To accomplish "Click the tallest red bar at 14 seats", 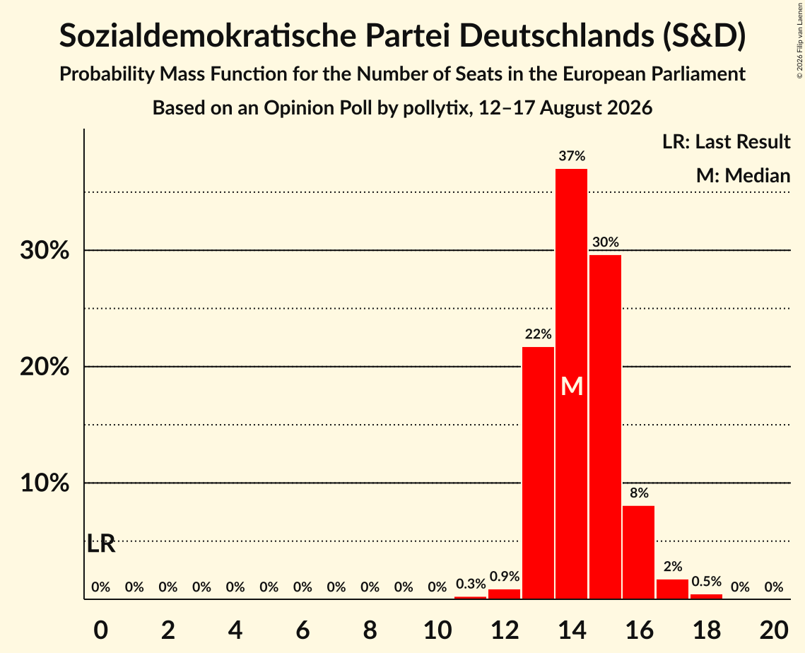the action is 571,384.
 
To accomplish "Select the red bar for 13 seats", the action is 538,473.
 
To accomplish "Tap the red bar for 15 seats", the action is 605,427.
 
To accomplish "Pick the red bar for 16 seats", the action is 639,553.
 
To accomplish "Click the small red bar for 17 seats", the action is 673,589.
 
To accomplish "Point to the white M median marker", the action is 572,386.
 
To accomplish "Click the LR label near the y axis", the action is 101,543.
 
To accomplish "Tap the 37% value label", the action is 572,155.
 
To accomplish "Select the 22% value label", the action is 538,334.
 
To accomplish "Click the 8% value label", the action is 639,493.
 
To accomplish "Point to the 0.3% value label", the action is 471,584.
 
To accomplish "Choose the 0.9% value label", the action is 505,577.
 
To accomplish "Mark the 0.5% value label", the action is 707,581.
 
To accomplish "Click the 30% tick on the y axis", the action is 45,251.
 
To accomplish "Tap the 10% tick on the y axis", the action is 45,483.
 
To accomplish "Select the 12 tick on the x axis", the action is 505,630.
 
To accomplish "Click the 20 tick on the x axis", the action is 774,630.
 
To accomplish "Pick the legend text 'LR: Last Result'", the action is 726,141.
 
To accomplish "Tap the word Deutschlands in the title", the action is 556,35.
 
